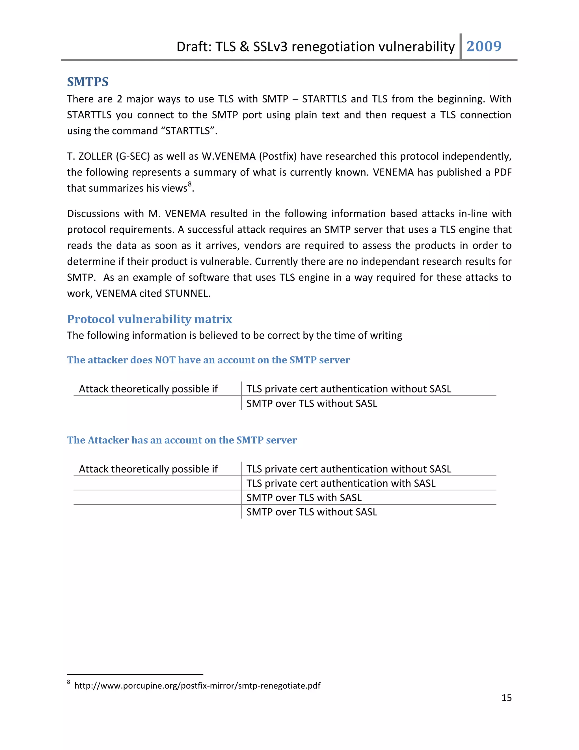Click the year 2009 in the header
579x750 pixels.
click(484, 46)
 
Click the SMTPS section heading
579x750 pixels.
click(88, 82)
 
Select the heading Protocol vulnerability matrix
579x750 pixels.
click(150, 319)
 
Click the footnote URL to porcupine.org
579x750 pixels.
click(197, 685)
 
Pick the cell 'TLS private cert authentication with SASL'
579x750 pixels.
click(341, 483)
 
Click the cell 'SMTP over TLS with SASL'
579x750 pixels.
click(304, 498)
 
